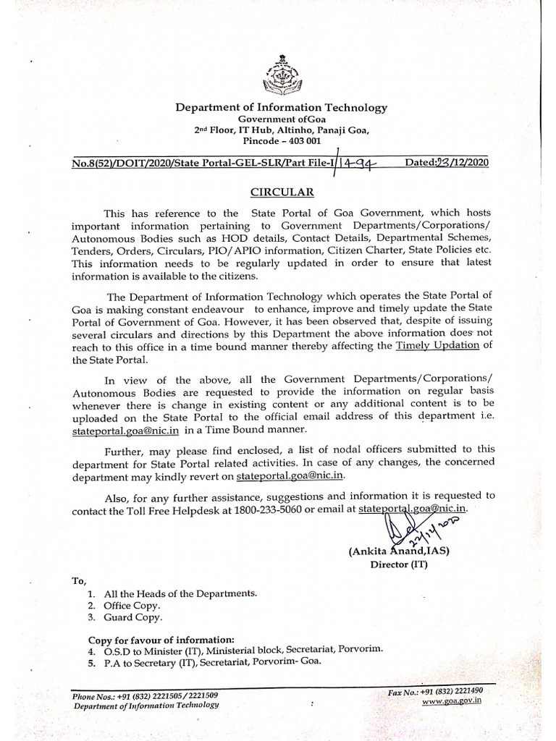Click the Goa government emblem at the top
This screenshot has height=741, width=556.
pyautogui.click(x=282, y=74)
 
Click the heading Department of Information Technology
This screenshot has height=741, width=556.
pyautogui.click(x=282, y=108)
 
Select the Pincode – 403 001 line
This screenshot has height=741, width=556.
pyautogui.click(x=282, y=141)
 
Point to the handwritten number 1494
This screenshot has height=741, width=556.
pyautogui.click(x=361, y=163)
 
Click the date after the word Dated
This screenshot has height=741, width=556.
pyautogui.click(x=459, y=162)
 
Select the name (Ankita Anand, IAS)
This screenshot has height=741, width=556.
pyautogui.click(x=399, y=551)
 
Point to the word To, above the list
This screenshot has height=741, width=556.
pyautogui.click(x=79, y=580)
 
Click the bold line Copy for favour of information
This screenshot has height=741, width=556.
pyautogui.click(x=161, y=640)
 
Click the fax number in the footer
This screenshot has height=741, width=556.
pyautogui.click(x=437, y=692)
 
